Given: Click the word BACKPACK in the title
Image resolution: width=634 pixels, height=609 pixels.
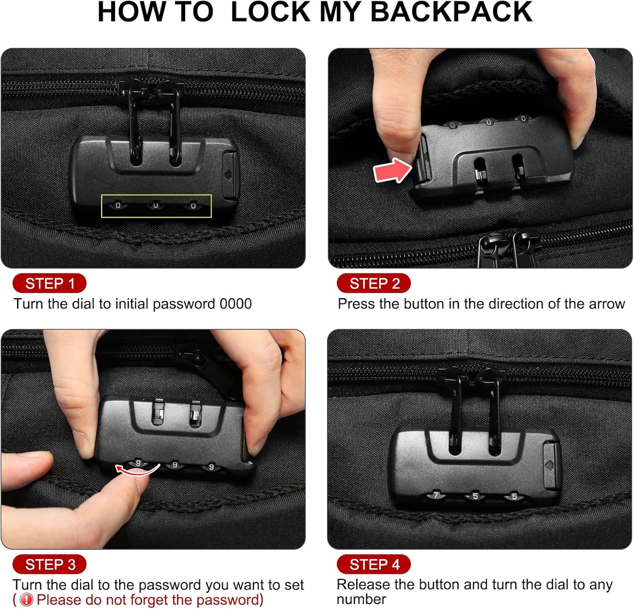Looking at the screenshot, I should click(x=451, y=12).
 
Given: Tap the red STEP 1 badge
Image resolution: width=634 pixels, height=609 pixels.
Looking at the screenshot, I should click(x=50, y=283).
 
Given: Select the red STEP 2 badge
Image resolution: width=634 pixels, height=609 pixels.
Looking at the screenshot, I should click(x=374, y=283).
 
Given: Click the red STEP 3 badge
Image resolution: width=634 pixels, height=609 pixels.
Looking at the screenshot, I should click(x=50, y=564).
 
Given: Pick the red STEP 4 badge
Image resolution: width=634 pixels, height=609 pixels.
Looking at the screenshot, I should click(x=374, y=564).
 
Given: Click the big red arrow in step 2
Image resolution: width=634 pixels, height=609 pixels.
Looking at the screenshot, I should click(x=392, y=171).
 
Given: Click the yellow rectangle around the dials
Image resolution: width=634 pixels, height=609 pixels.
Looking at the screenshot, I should click(x=156, y=206).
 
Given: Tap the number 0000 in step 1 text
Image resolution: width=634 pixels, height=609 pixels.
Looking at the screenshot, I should click(x=236, y=304).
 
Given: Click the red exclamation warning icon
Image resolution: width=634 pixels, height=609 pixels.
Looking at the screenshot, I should click(x=26, y=600).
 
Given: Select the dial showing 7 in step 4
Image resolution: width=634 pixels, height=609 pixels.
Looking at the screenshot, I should click(x=436, y=496).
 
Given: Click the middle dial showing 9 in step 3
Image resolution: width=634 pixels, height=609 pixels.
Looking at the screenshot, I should click(x=175, y=465).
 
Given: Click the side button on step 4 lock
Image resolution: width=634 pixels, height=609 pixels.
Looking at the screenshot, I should click(x=551, y=465).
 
